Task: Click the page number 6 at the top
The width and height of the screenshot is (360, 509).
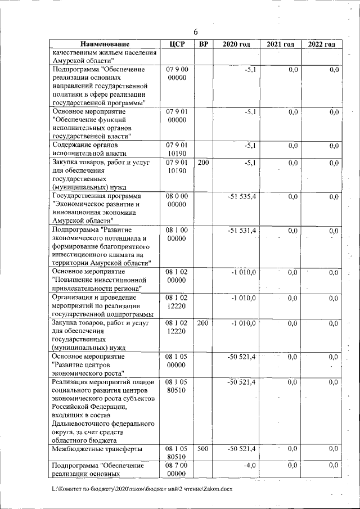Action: pos(196,31)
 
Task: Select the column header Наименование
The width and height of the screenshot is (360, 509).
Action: pos(105,44)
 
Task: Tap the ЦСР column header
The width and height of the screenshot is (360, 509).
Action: pos(177,44)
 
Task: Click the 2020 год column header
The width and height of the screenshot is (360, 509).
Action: pos(236,44)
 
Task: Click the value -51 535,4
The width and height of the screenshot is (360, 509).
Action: pos(242,197)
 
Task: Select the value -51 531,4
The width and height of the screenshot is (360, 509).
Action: pos(242,231)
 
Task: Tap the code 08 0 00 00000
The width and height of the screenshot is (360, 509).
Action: pos(177,201)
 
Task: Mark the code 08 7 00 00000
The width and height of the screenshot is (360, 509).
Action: pos(177,470)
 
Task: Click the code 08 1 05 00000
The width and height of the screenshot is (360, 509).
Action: pos(177,361)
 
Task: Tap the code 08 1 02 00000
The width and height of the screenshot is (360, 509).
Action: pos(177,276)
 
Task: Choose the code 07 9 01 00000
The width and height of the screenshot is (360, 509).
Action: pos(177,116)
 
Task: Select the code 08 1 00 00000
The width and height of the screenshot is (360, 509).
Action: pos(177,235)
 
